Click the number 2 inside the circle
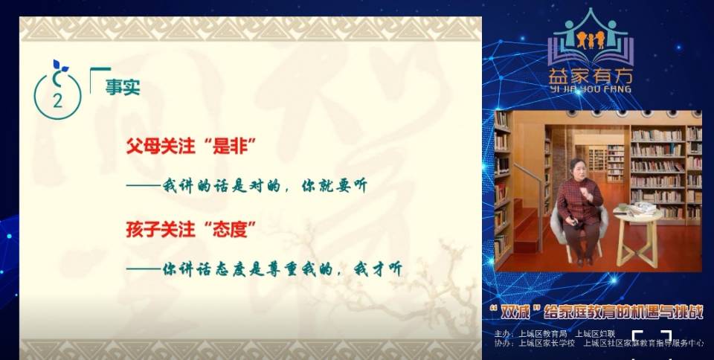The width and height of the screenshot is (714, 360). pyautogui.click(x=57, y=101)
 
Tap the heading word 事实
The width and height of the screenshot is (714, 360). pyautogui.click(x=123, y=88)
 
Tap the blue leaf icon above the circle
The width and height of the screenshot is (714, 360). pyautogui.click(x=59, y=68)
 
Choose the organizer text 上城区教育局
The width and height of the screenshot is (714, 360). pyautogui.click(x=542, y=332)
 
